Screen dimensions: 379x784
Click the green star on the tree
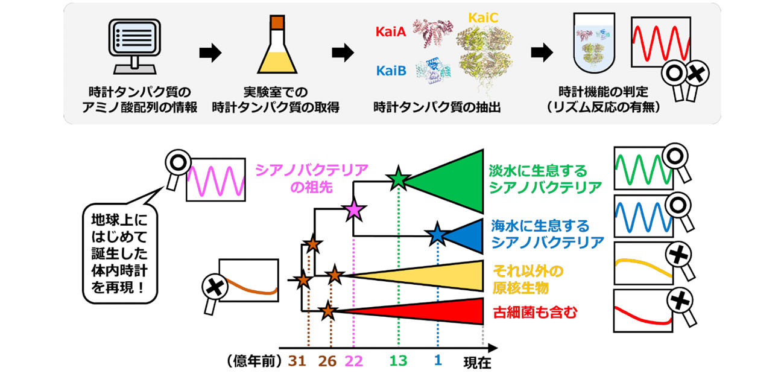tap(398, 178)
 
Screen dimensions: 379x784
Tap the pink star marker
tap(353, 211)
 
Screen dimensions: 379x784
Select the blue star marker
tap(437, 235)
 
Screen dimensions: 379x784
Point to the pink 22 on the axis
tap(353, 361)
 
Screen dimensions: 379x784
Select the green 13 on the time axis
tap(398, 361)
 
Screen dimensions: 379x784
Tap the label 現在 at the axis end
tap(477, 363)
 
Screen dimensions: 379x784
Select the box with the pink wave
tap(216, 179)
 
